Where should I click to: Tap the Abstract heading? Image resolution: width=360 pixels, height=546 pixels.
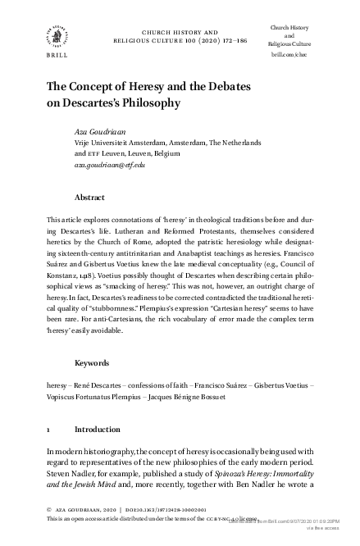(90, 198)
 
